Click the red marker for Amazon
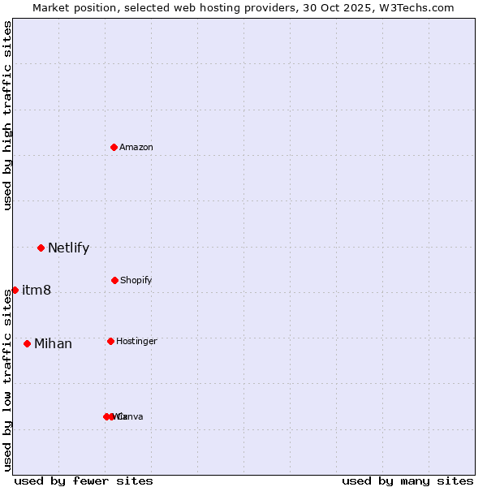coord(114,147)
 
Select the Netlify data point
coord(41,248)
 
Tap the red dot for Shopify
coord(114,280)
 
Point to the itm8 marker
coord(15,290)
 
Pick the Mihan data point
coord(27,343)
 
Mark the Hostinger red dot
coord(110,341)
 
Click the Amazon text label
coord(136,147)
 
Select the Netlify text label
coord(68,248)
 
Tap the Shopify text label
coord(136,280)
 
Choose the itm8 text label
coord(37,290)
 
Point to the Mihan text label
coord(53,343)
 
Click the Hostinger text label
coord(136,341)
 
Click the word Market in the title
coord(51,7)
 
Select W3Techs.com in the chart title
coord(418,7)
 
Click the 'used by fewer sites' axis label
coord(84,481)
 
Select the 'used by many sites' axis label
coord(407,481)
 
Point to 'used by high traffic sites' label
coord(7,115)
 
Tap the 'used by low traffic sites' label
coord(7,381)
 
